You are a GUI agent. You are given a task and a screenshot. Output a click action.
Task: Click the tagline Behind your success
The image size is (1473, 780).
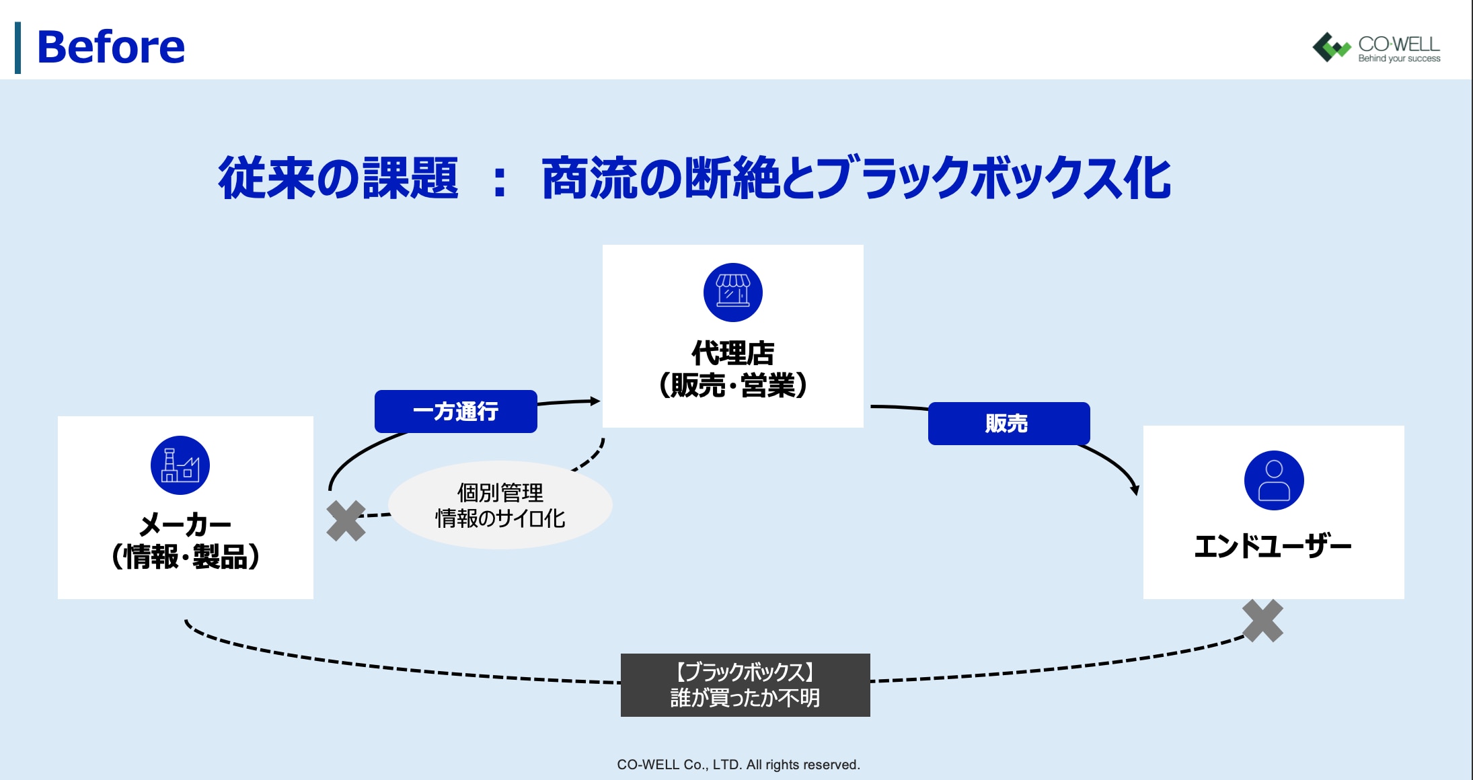point(1399,58)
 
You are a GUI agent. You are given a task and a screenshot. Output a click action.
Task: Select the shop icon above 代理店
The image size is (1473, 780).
point(732,292)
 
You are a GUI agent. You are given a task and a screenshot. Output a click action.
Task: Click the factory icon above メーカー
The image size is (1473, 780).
point(180,465)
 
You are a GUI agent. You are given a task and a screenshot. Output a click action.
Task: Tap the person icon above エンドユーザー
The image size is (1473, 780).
point(1274,480)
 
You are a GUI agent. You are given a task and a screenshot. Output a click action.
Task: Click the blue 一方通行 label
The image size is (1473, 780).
point(455,411)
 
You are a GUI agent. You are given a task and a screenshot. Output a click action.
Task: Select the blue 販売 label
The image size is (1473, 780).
point(1008,424)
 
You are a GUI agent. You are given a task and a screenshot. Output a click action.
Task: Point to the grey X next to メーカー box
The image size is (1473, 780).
point(346,520)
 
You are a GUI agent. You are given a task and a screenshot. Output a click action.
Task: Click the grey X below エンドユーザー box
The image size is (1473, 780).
point(1262,621)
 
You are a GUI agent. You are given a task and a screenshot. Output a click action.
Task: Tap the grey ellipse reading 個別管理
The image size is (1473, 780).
point(500,505)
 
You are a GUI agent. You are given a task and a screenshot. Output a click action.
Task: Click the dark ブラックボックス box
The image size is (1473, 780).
point(745,685)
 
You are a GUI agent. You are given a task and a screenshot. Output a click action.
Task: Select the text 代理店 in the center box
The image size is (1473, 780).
point(732,353)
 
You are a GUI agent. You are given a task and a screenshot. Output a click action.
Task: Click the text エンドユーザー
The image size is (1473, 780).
point(1273,546)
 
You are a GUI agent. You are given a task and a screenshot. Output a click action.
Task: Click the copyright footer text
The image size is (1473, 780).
point(738,765)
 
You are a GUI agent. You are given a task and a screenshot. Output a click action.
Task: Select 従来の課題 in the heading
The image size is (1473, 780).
point(338,178)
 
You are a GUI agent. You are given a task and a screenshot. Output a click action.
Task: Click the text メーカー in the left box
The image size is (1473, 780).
point(185,524)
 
